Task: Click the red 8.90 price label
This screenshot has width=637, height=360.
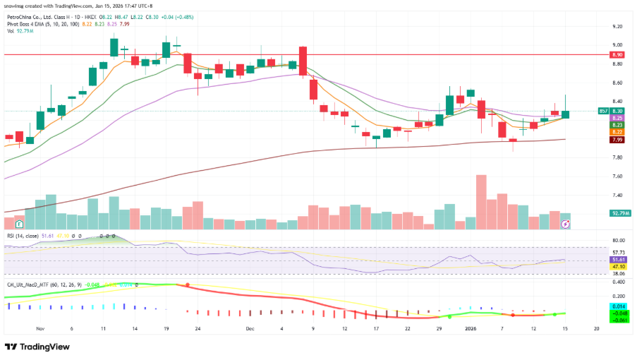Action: (617, 54)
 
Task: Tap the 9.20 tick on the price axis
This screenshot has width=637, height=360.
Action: (617, 27)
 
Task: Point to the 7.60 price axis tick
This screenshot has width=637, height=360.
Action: (617, 176)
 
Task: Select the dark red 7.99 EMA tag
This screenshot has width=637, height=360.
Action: (617, 140)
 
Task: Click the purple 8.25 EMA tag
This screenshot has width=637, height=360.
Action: (617, 118)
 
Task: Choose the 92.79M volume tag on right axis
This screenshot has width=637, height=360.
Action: (620, 213)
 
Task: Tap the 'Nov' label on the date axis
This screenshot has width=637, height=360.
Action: (40, 329)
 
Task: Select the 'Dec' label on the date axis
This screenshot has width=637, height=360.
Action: (250, 329)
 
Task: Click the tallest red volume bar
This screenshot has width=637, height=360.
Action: (482, 202)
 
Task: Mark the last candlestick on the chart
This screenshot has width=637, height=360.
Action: (566, 113)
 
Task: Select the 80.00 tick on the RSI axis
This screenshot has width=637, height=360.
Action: (618, 241)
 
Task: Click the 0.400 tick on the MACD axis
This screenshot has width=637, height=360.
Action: (618, 282)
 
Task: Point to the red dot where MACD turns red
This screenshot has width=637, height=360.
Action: (187, 285)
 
